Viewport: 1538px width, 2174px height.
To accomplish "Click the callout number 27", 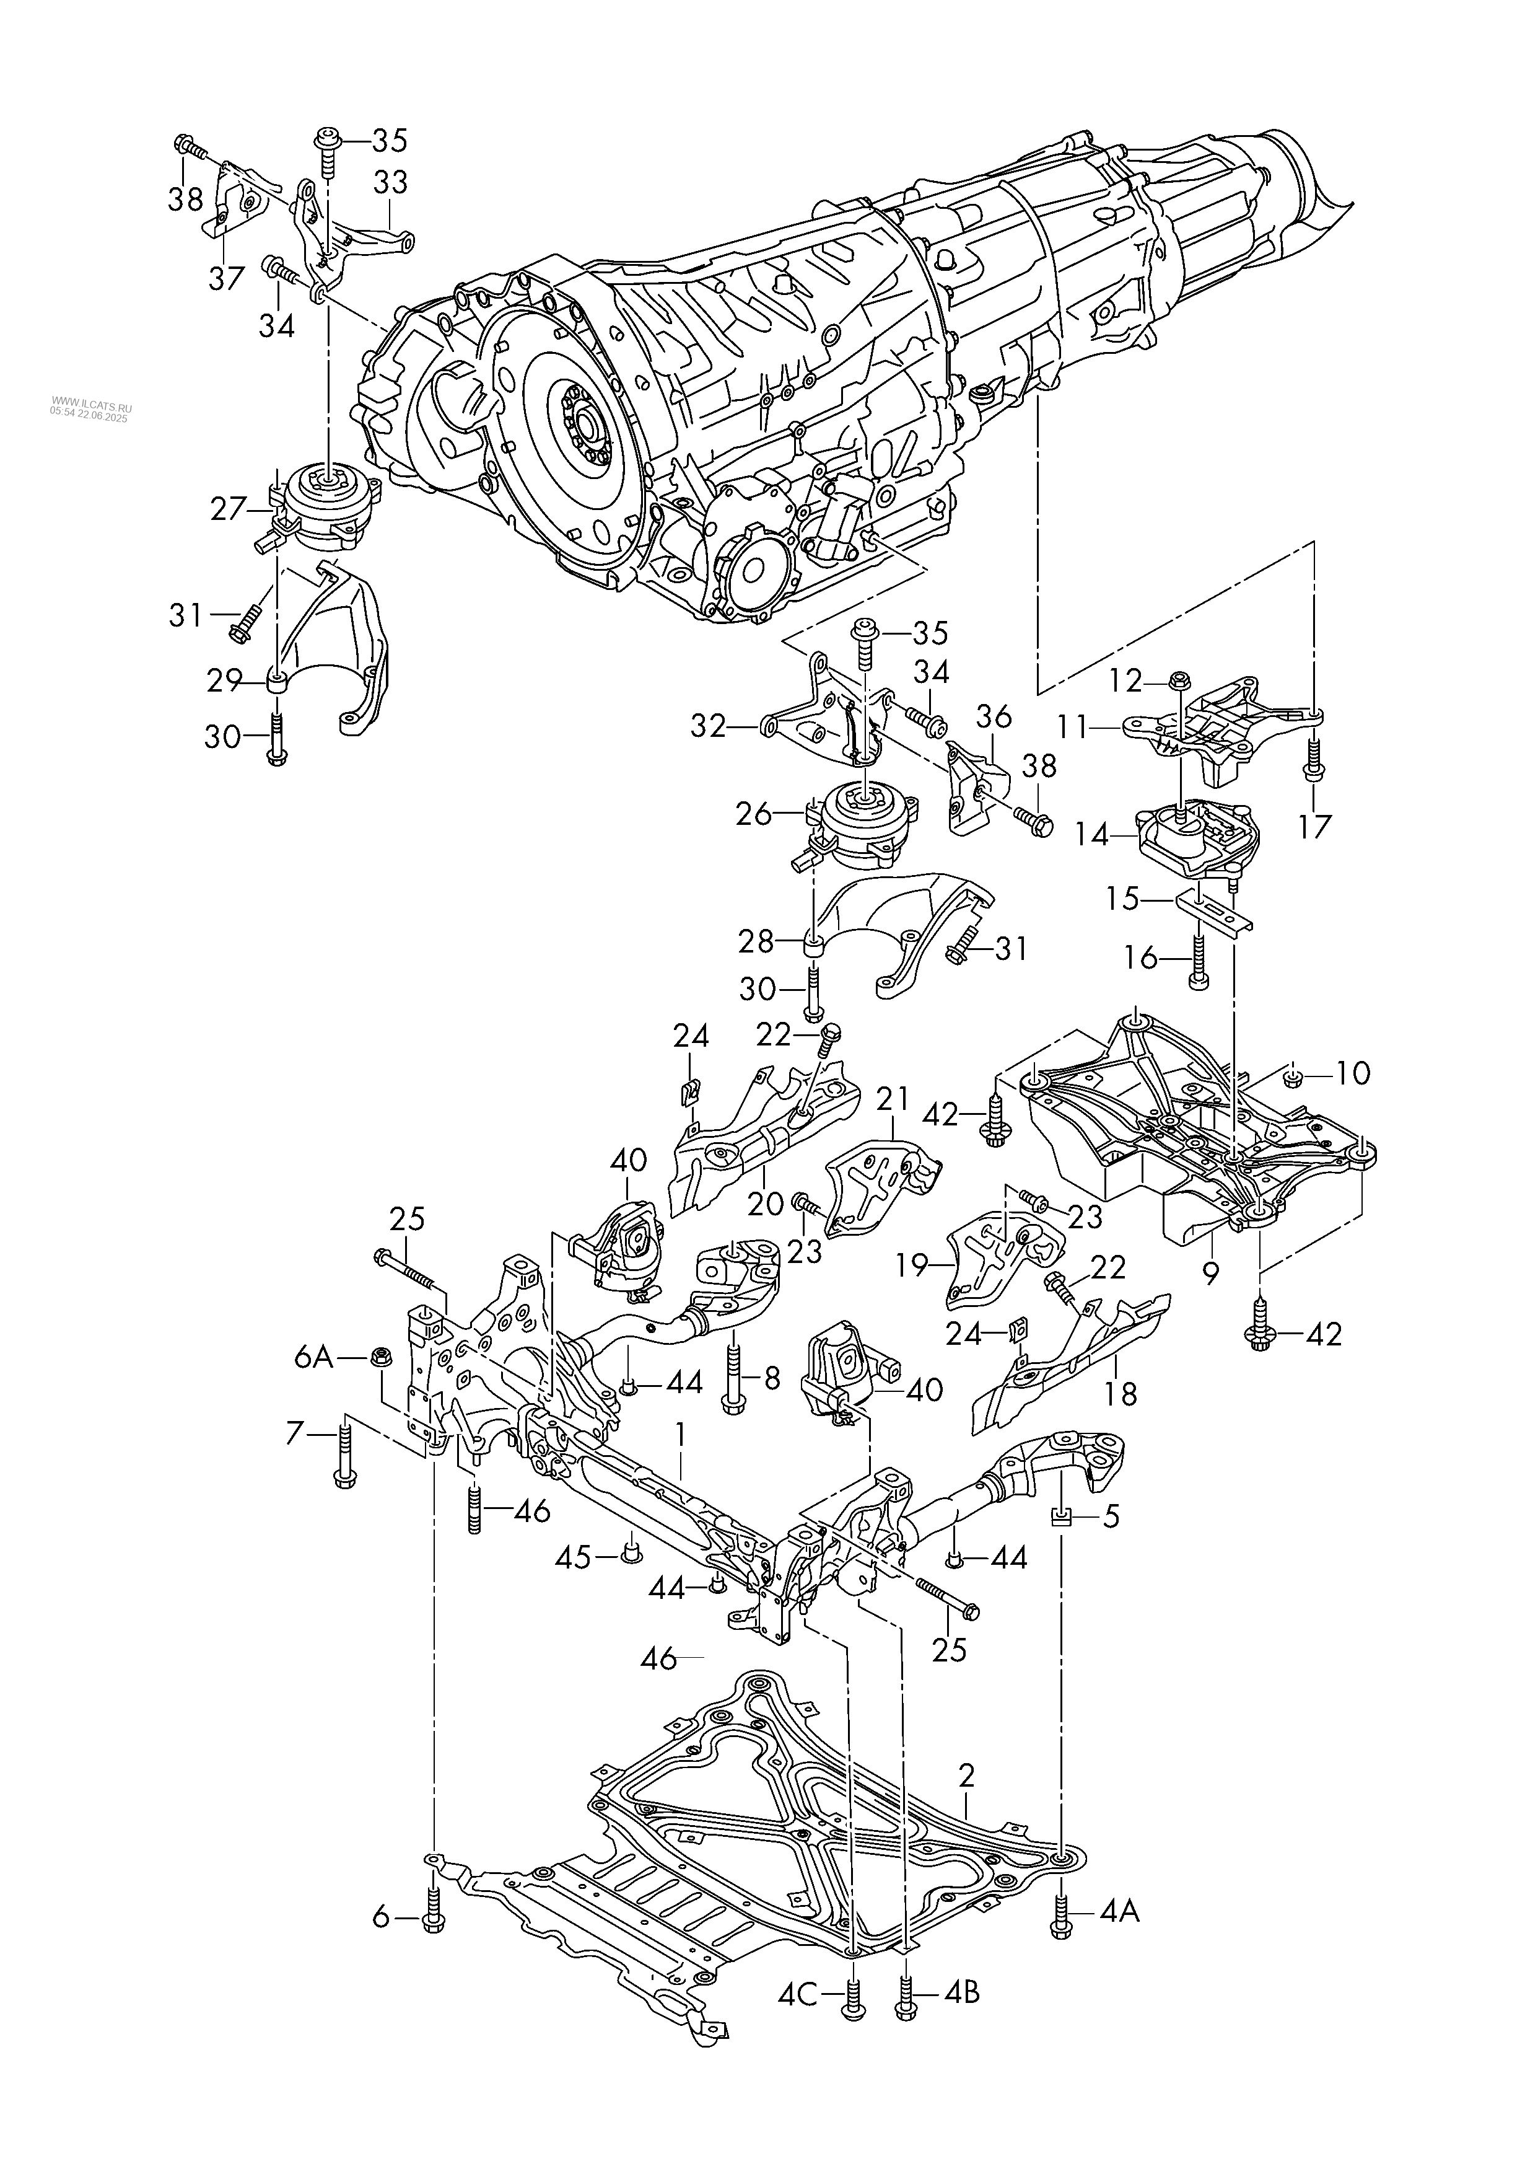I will click(x=228, y=509).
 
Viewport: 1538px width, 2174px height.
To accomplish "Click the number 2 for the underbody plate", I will click(x=966, y=1774).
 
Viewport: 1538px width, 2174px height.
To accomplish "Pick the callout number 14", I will click(x=1092, y=835).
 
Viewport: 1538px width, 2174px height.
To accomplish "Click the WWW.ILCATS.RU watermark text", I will click(x=92, y=402).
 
